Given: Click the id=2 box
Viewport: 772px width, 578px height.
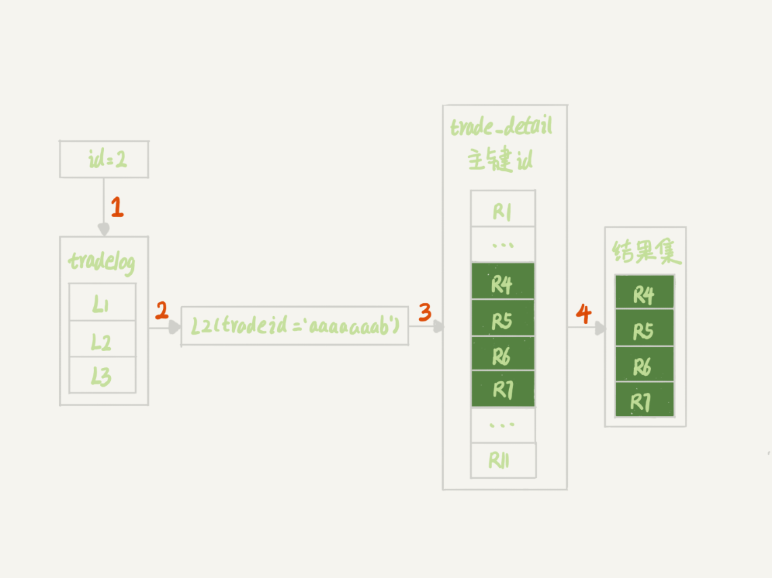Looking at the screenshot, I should coord(104,159).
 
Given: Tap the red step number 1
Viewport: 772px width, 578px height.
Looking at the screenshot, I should coord(117,207).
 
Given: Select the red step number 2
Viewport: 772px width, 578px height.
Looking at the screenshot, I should coord(162,311).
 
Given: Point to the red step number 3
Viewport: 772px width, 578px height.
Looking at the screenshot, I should coord(425,312).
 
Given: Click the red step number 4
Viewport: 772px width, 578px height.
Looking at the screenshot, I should coord(583,313).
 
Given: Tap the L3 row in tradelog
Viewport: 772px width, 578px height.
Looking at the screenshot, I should coord(102,375).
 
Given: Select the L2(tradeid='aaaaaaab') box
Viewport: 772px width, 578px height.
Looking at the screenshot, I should coord(295,327).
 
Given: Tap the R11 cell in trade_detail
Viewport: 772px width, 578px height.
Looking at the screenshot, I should coord(503,461).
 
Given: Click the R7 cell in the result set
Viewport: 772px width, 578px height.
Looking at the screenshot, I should coord(644,400).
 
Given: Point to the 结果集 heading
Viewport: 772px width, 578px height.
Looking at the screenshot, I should coord(646,253).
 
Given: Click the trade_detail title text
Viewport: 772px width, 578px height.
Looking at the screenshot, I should coord(502,127).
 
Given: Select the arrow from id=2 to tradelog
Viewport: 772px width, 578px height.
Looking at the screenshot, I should coord(103,206).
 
